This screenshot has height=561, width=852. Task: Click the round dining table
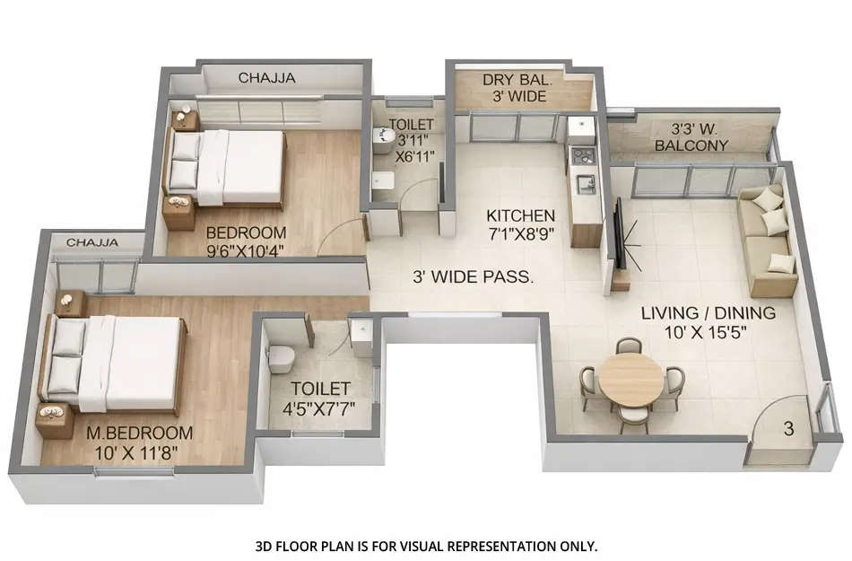tap(631, 379)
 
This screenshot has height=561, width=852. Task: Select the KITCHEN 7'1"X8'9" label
tap(520, 225)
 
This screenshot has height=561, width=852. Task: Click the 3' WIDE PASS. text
tap(473, 277)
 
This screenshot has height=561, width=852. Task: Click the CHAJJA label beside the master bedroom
tap(92, 241)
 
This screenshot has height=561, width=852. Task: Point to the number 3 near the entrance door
tap(788, 429)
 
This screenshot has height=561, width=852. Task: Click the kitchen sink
tap(587, 184)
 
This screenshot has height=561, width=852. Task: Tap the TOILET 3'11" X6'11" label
tap(412, 140)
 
